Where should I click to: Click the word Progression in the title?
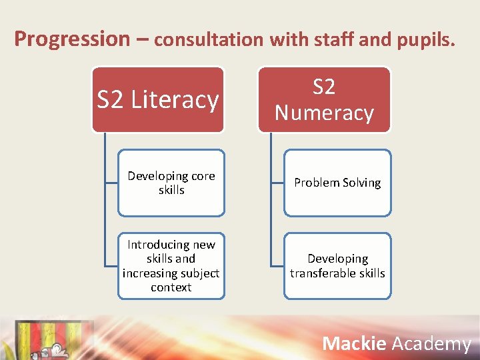pyautogui.click(x=71, y=39)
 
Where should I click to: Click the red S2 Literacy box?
pyautogui.click(x=158, y=99)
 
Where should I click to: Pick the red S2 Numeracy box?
pyautogui.click(x=324, y=99)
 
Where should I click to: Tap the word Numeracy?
pyautogui.click(x=324, y=113)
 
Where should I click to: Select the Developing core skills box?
pyautogui.click(x=171, y=183)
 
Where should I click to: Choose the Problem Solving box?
pyautogui.click(x=337, y=183)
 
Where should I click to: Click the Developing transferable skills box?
pyautogui.click(x=337, y=265)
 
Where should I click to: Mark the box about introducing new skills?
pyautogui.click(x=171, y=265)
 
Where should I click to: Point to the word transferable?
pyautogui.click(x=322, y=273)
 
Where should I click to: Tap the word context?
pyautogui.click(x=171, y=287)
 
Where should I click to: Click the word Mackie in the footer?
pyautogui.click(x=354, y=343)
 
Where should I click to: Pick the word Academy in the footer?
pyautogui.click(x=431, y=343)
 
